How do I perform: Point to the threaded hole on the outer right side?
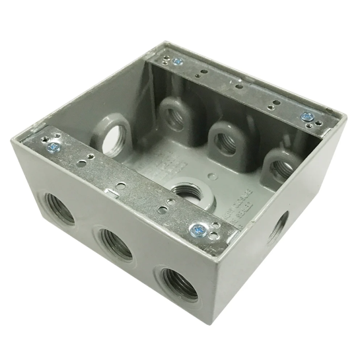278,226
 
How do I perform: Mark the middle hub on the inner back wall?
225,138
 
